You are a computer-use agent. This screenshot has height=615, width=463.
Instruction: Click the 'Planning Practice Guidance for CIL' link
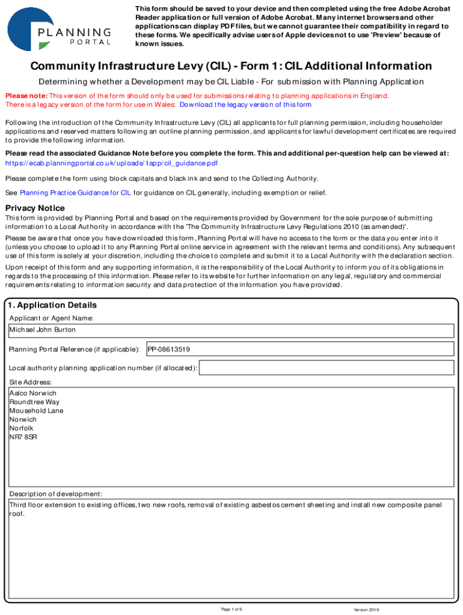[x=75, y=193]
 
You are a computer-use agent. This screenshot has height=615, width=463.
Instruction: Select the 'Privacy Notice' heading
[x=35, y=208]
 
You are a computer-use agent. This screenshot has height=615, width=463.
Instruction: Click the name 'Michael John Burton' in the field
[x=43, y=330]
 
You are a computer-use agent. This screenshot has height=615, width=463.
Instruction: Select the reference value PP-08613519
[x=169, y=349]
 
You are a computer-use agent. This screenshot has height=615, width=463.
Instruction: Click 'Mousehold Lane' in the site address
[x=36, y=411]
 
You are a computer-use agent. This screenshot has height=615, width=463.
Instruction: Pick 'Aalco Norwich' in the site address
[x=33, y=393]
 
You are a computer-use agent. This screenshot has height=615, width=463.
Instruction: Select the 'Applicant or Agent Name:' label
[x=51, y=318]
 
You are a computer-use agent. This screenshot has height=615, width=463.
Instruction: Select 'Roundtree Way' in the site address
[x=35, y=402]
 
